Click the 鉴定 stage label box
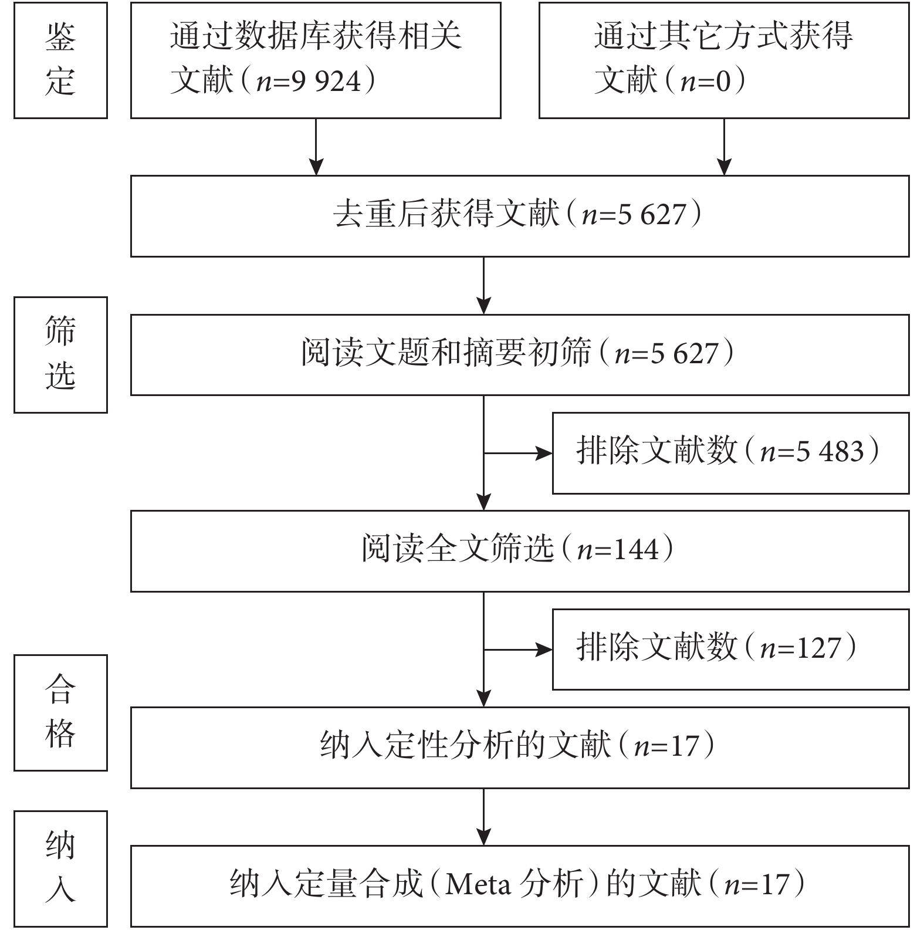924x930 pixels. tap(60, 60)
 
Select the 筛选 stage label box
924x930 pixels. tap(60, 355)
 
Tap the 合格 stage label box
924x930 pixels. tap(60, 712)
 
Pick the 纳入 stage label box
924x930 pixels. tap(60, 868)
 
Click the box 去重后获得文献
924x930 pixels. tap(520, 216)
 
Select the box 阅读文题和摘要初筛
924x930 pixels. tap(520, 354)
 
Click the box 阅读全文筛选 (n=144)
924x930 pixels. tap(520, 551)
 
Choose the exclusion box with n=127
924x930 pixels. tap(731, 650)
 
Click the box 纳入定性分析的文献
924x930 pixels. tap(520, 748)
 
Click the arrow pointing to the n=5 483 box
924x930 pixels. tap(518, 453)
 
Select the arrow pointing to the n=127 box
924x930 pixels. tap(518, 650)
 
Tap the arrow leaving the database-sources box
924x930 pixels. tap(316, 147)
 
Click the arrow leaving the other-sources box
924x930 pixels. tap(725, 147)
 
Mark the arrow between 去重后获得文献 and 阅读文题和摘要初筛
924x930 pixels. tap(484, 286)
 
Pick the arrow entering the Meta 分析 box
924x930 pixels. tap(484, 817)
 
